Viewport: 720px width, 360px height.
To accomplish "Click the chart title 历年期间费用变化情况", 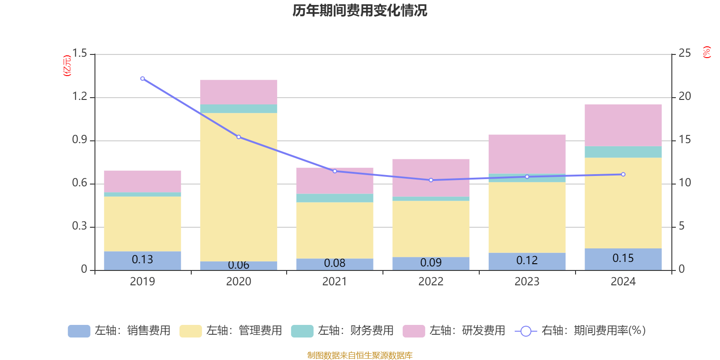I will pos(360,10).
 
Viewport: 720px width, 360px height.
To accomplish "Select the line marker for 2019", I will pos(143,79).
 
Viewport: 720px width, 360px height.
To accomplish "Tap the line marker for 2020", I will pos(238,137).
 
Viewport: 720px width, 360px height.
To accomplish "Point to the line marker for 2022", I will pos(431,180).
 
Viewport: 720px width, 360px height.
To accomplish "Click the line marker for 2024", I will pos(623,174).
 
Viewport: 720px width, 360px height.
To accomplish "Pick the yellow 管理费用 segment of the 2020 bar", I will pos(238,187).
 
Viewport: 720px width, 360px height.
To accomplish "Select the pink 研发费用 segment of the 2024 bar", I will pos(623,125).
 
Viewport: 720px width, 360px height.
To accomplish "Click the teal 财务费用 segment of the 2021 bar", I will pos(335,198).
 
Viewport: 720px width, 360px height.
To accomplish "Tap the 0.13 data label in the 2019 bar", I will pos(143,260).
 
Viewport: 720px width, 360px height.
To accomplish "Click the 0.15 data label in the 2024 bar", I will pos(623,258).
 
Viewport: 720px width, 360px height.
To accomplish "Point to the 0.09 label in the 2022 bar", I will pos(431,262).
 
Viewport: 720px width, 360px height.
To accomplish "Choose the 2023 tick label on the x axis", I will pos(527,282).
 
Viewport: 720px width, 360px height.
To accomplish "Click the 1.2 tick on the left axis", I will pos(80,97).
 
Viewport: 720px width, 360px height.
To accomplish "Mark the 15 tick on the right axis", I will pos(685,139).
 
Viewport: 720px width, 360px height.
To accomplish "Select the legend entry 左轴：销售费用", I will pos(120,331).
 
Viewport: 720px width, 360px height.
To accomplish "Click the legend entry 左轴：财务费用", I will pos(343,331).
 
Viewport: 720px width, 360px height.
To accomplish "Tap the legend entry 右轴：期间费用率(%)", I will pos(580,331).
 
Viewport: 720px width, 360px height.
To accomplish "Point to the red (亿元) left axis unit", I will pos(67,66).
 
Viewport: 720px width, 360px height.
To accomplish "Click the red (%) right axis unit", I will pos(707,52).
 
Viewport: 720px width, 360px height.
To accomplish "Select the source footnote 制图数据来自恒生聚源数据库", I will pos(360,355).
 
